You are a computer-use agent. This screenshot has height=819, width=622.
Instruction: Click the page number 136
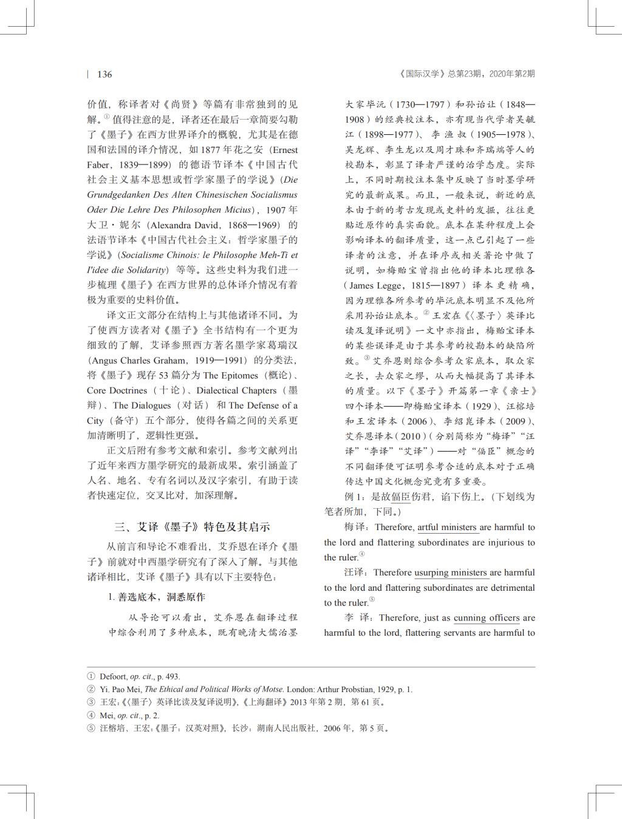pos(104,74)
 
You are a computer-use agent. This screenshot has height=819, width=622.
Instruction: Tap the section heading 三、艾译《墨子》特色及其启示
pos(193,526)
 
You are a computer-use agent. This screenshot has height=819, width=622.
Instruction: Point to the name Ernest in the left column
pos(284,150)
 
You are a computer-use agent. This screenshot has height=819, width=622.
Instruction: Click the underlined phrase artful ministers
pos(447,527)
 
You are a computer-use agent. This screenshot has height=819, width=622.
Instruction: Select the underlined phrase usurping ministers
pos(451,573)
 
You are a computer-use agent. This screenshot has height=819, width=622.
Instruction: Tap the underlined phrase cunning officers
pos(487,618)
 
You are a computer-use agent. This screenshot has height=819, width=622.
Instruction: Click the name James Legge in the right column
pos(374,285)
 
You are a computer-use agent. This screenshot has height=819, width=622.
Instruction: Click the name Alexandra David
pos(178,225)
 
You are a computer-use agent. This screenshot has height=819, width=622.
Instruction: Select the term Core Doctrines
pos(117,390)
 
